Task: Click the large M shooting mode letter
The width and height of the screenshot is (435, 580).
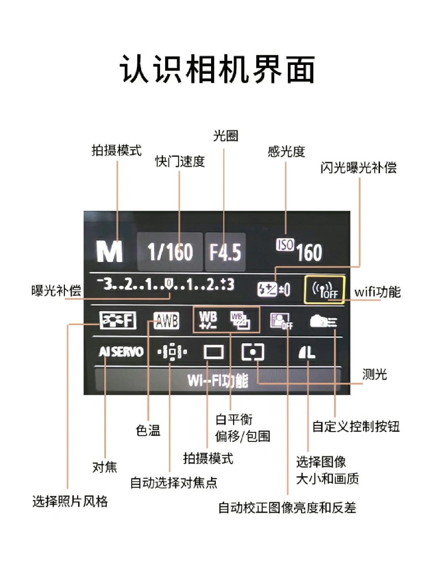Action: [109, 252]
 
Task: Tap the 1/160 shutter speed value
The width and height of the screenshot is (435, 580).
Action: [170, 252]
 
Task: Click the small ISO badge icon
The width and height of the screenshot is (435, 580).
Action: [285, 245]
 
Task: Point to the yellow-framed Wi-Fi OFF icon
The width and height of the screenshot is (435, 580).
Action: [325, 289]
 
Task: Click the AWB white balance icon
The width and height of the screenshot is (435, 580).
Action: [166, 321]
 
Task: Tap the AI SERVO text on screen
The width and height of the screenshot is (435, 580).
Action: [121, 352]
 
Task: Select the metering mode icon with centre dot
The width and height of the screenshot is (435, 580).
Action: [253, 352]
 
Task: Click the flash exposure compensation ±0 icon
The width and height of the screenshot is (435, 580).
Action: [273, 289]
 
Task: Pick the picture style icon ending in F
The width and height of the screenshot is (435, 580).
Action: [118, 321]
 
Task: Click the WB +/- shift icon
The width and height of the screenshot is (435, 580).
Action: [208, 320]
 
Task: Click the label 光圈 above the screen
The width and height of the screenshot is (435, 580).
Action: [226, 136]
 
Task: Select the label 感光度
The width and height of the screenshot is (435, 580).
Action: [286, 152]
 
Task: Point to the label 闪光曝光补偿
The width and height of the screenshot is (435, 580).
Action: [358, 167]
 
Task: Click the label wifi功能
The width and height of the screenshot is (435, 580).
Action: [377, 291]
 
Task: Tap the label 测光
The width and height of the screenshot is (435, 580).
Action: [374, 374]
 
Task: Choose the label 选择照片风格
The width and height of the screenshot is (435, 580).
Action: [70, 501]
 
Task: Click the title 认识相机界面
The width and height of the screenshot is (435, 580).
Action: [217, 69]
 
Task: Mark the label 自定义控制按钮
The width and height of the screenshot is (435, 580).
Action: [356, 426]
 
